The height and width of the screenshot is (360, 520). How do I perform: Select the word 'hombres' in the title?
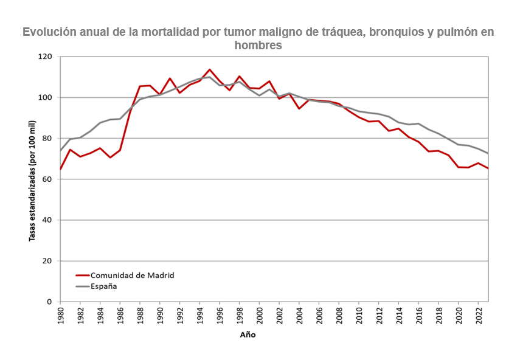[258, 45]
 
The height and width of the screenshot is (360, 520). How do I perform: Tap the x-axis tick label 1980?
[61, 317]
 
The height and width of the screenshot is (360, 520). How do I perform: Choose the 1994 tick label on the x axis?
[200, 317]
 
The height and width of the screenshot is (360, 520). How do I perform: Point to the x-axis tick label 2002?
[280, 317]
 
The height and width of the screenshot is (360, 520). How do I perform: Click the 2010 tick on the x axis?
[359, 317]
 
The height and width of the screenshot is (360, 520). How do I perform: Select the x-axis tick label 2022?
[479, 317]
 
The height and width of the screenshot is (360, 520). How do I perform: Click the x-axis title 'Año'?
[248, 334]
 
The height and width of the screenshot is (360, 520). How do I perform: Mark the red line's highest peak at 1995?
[210, 69]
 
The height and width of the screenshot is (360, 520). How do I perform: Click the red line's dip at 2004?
[299, 108]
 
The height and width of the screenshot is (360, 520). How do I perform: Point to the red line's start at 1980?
[60, 170]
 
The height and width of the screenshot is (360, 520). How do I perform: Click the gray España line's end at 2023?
[488, 153]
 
